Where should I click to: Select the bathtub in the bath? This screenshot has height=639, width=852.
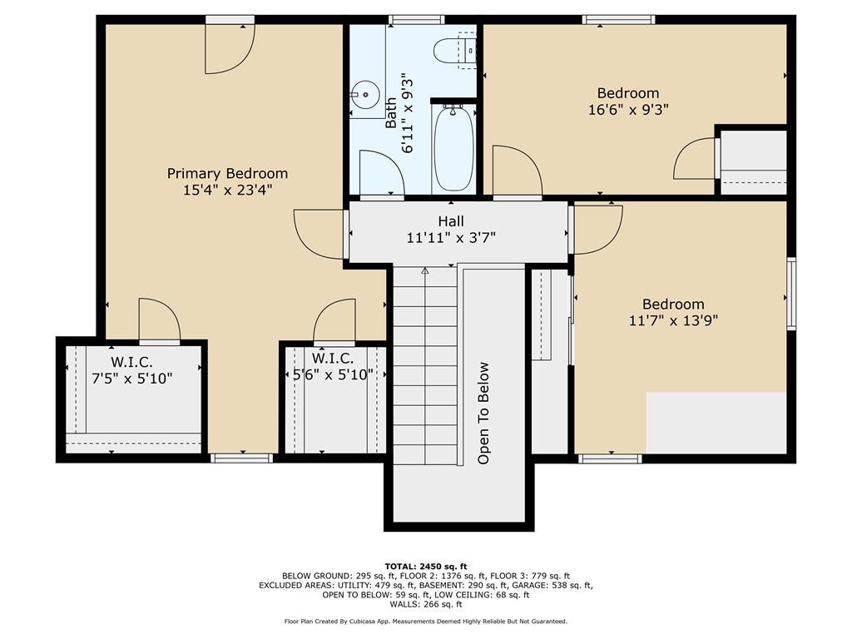pos(453,147)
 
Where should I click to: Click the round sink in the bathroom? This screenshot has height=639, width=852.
pos(364,95)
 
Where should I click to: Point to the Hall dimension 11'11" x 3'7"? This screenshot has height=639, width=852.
pos(451,237)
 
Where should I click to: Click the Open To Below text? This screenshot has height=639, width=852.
pos(483,413)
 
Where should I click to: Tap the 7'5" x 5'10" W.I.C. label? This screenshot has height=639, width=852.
pos(131,369)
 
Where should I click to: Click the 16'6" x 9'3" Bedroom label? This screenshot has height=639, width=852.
pos(627,101)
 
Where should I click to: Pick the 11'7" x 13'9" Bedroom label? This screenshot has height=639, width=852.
pos(672,312)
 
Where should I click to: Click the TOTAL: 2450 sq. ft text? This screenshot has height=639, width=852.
pos(425,566)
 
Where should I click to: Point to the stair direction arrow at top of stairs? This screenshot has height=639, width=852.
pos(424,270)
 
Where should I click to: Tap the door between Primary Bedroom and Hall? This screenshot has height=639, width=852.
pos(320,234)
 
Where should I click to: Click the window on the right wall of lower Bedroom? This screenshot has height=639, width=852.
pos(791,295)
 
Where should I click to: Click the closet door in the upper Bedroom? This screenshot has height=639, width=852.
pos(695,159)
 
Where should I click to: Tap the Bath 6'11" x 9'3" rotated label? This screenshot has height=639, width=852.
pos(399,113)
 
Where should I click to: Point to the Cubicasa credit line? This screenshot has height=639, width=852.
pos(425,622)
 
